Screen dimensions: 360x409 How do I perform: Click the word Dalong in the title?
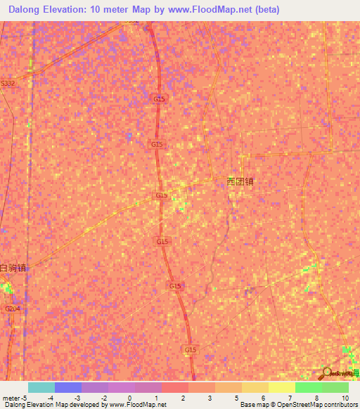click(x=27, y=10)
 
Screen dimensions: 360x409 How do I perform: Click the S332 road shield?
click(x=8, y=83)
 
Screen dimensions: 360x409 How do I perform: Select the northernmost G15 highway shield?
click(x=158, y=100)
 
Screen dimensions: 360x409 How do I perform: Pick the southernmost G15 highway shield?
click(x=191, y=349)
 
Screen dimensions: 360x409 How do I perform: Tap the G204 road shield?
click(x=12, y=309)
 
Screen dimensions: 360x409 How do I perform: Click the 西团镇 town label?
click(x=240, y=181)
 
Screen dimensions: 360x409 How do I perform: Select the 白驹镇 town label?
click(x=13, y=268)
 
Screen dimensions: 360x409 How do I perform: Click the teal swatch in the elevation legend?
click(x=41, y=387)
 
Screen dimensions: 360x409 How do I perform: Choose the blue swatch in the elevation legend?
click(x=67, y=387)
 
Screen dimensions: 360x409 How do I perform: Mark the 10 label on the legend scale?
click(x=345, y=397)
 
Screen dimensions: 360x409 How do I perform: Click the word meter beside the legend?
click(x=12, y=397)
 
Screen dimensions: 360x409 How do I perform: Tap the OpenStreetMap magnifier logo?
click(x=326, y=373)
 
